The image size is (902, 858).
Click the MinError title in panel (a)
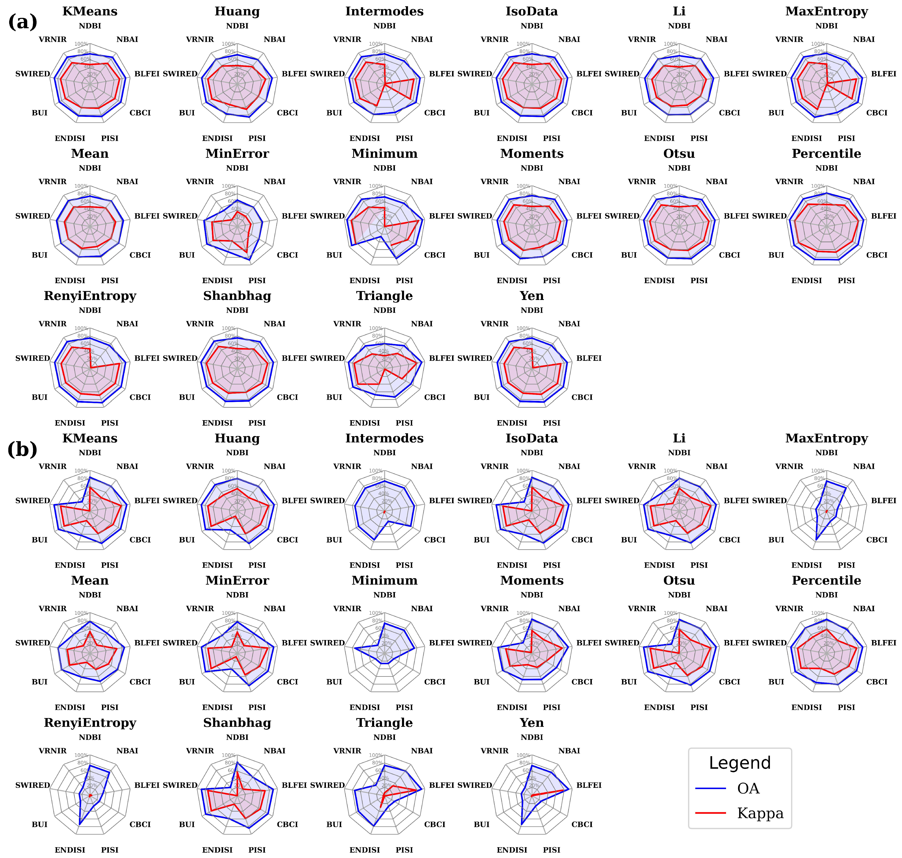click(237, 154)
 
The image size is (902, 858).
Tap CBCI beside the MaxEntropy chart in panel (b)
click(876, 540)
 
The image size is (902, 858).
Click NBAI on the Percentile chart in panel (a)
click(864, 182)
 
